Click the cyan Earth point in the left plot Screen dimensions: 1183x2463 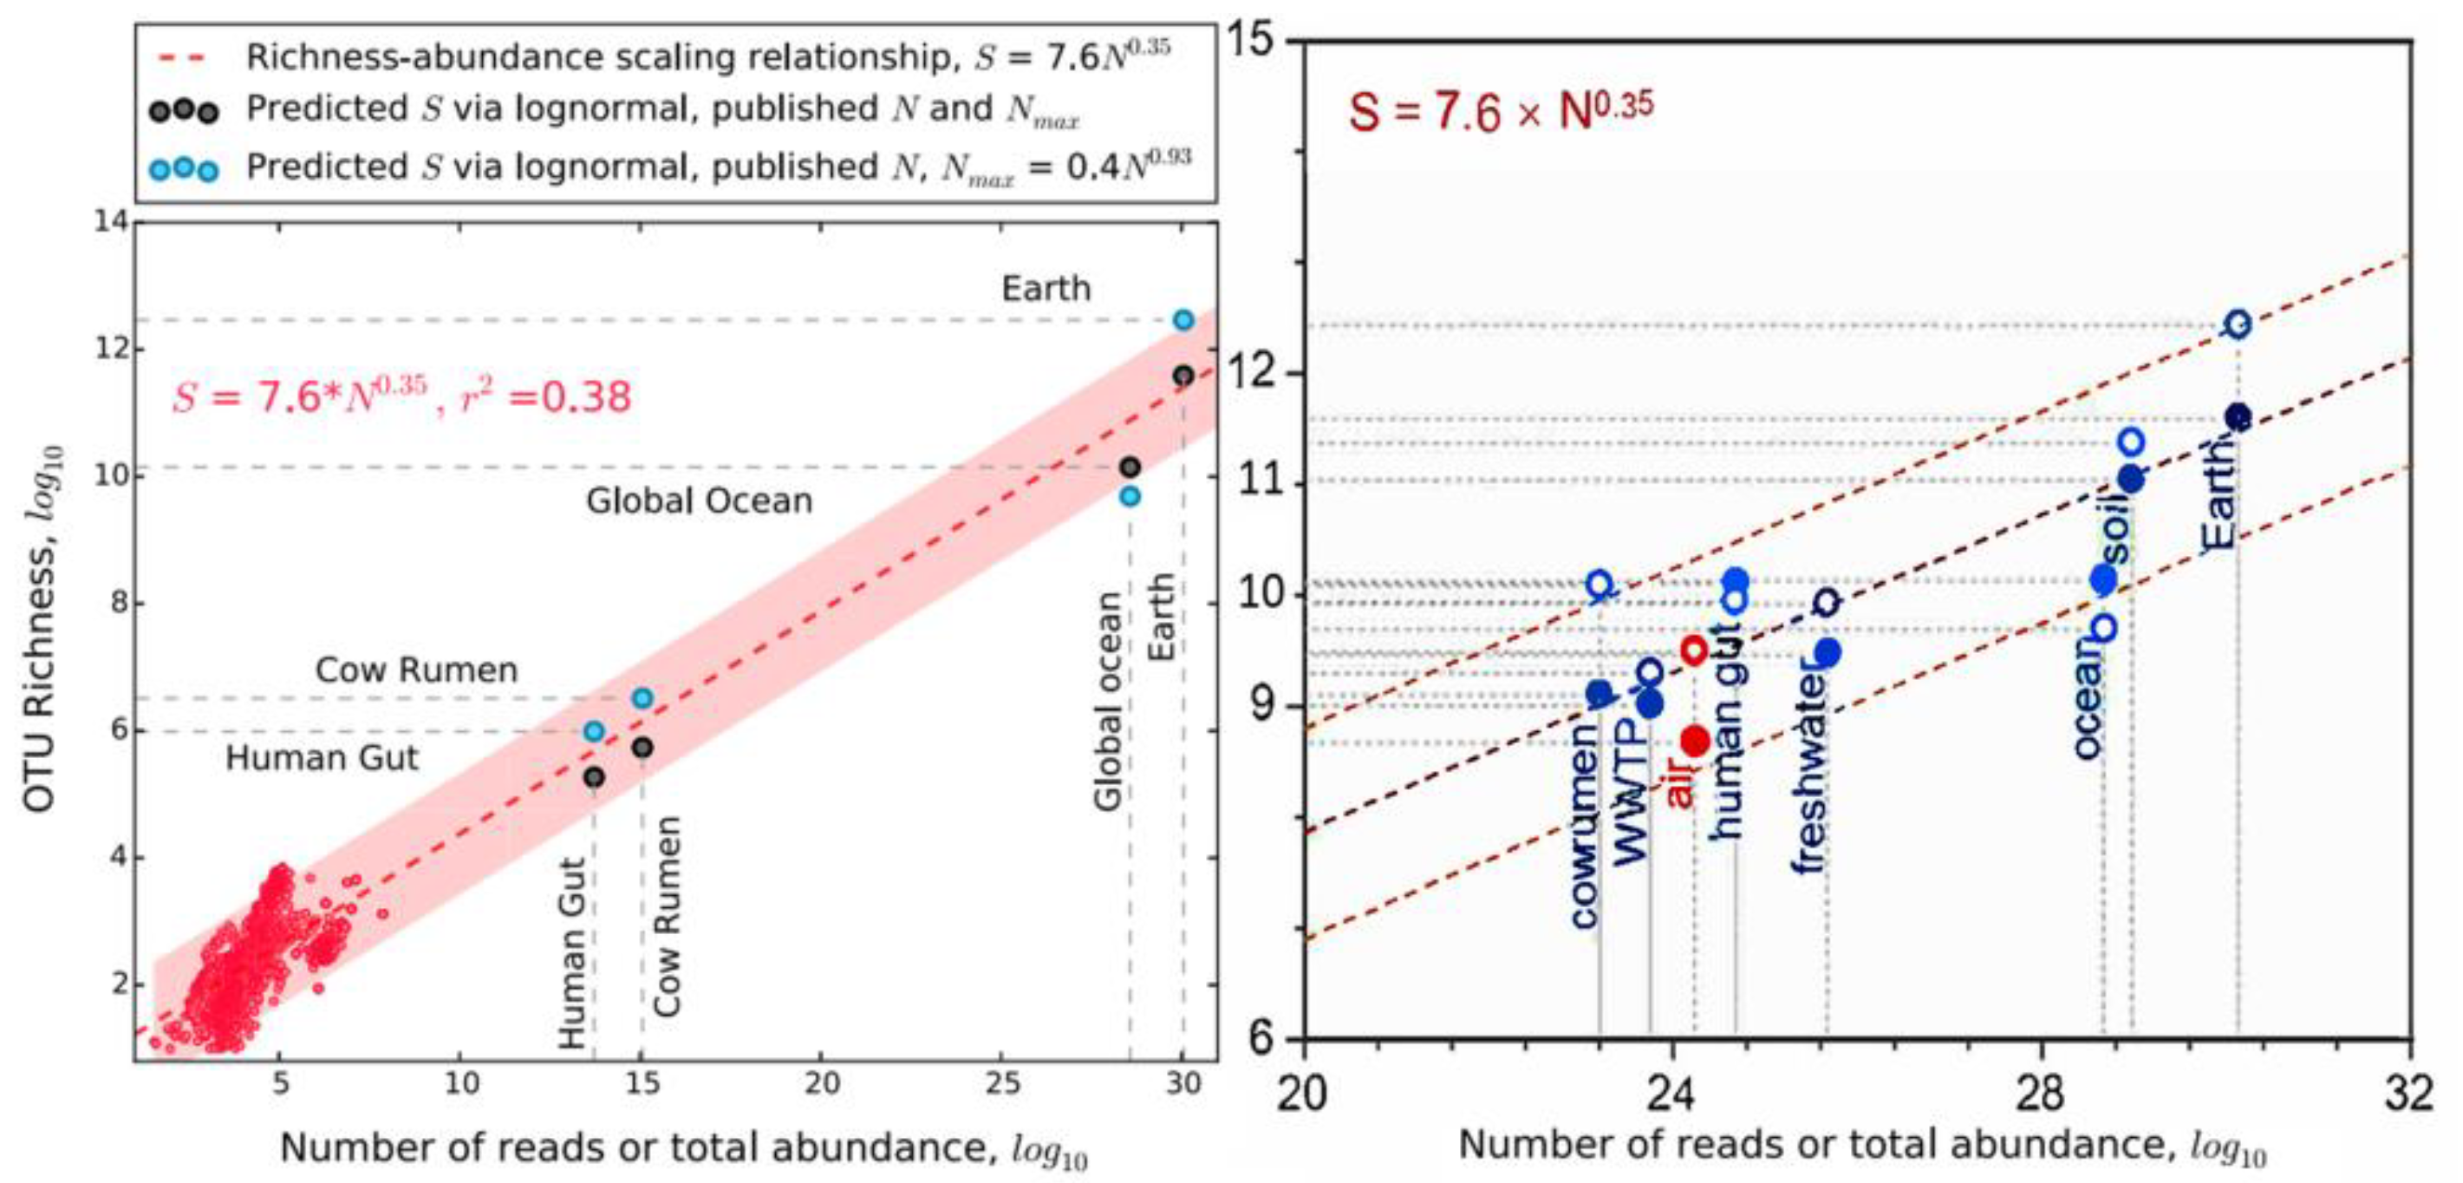pos(1183,319)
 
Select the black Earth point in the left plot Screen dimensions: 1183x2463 pos(1183,376)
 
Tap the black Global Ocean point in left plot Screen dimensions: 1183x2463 pos(1131,467)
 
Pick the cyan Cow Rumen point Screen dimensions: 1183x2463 pos(642,698)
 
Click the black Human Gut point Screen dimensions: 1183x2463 pos(594,777)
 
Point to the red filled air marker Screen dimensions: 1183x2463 pos(1695,740)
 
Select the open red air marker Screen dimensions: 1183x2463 pos(1694,651)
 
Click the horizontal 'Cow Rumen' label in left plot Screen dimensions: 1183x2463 pos(417,670)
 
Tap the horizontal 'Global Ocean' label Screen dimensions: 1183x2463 pos(699,500)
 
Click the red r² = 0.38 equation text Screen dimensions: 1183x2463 pos(401,396)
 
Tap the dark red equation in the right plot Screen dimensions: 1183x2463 pos(1500,110)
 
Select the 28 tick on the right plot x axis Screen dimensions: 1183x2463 pos(2042,1091)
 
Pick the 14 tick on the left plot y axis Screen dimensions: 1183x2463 pos(111,222)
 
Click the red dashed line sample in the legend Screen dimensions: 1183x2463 pos(183,58)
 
